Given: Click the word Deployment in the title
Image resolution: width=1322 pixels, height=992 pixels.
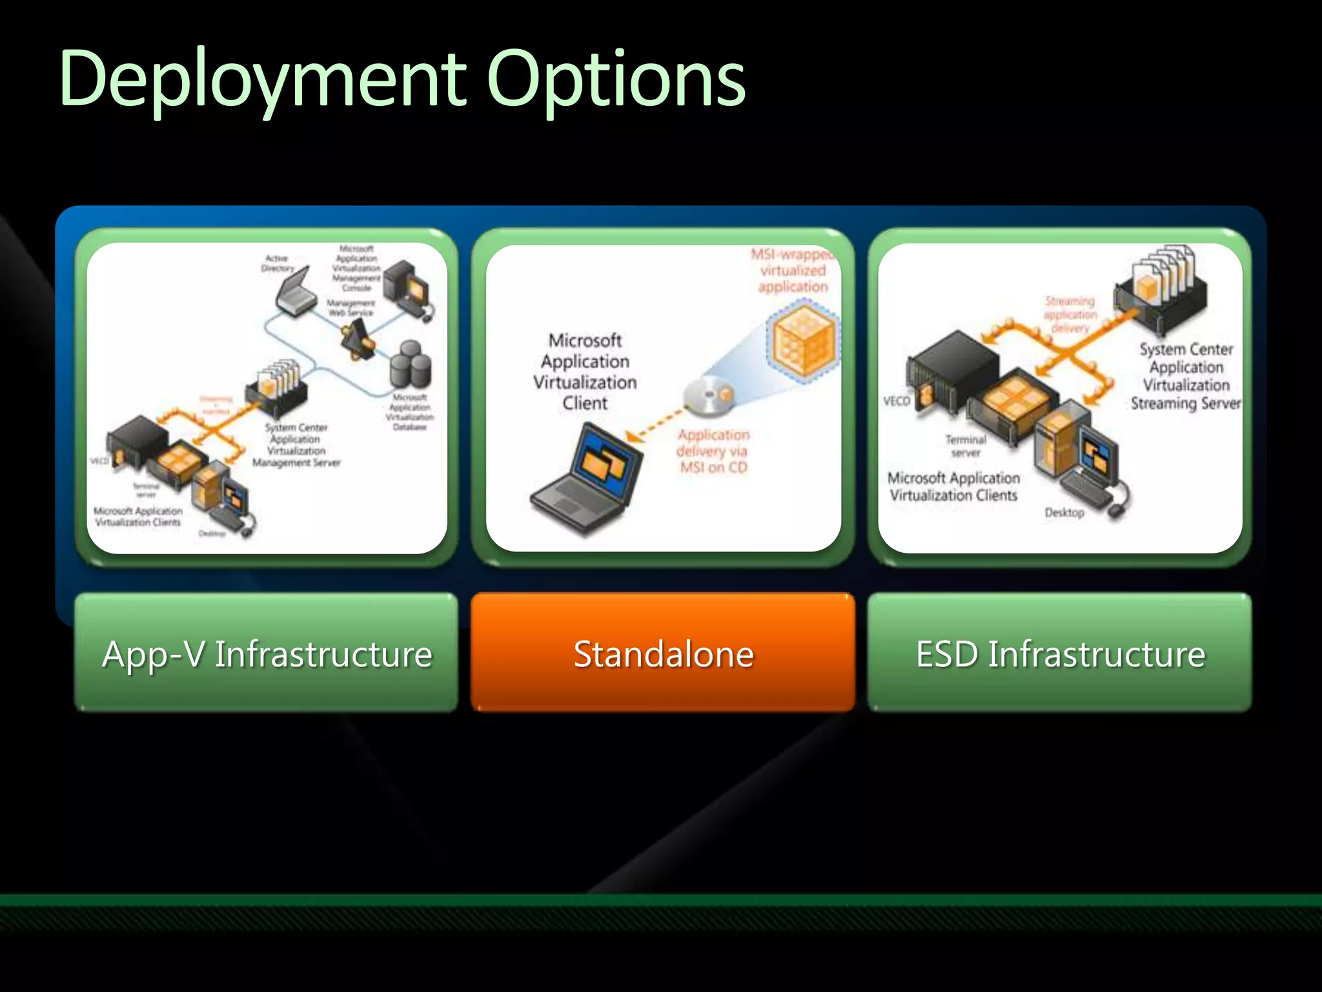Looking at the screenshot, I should point(261,79).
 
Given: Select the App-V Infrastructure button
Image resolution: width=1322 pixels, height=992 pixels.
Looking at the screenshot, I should point(266,653).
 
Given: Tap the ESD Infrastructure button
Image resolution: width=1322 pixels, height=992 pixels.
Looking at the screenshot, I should point(1059,653).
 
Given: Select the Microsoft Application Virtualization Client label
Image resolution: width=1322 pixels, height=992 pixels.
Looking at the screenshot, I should point(585,371).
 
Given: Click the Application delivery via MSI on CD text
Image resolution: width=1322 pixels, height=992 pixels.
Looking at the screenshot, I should point(713,451).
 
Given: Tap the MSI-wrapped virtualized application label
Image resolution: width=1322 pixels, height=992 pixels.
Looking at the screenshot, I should point(793,271).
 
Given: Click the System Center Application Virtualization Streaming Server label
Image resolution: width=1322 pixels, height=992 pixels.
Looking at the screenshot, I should point(1186,377).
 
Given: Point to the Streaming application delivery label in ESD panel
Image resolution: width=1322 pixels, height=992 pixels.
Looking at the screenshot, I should point(1070,315).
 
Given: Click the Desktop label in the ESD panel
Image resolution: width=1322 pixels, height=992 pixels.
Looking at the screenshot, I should point(1064,513).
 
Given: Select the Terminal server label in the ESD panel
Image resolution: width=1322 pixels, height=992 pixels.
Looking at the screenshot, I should point(966,446).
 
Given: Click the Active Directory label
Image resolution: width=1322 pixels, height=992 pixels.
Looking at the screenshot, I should point(278,263).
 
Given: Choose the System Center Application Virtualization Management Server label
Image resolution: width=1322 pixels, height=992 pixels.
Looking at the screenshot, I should point(296,445).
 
